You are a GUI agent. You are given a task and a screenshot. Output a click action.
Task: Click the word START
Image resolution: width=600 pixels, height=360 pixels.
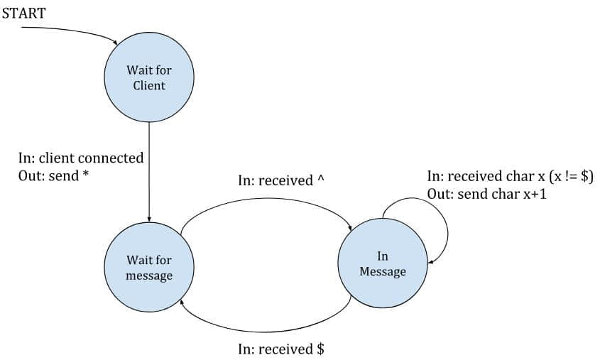tap(25, 13)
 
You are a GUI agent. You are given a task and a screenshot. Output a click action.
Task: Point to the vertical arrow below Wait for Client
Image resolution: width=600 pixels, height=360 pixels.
tap(149, 170)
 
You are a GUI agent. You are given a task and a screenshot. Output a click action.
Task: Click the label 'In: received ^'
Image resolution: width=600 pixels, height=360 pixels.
tap(280, 181)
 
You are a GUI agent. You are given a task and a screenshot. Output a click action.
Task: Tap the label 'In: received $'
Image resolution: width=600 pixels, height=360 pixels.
tap(280, 349)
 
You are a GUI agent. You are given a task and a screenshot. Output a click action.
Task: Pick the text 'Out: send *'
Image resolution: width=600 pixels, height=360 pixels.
tap(53, 175)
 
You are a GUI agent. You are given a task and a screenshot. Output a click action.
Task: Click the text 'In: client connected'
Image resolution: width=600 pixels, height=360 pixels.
tap(81, 158)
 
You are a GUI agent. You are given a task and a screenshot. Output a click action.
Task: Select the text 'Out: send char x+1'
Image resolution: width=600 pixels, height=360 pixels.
tap(486, 194)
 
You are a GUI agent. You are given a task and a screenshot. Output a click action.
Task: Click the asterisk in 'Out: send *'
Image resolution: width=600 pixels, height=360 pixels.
tap(86, 174)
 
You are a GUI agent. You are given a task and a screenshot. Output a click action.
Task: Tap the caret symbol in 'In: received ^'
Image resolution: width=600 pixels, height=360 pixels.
tap(320, 180)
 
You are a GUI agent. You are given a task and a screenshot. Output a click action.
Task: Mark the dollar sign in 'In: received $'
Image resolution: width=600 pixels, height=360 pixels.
tap(320, 349)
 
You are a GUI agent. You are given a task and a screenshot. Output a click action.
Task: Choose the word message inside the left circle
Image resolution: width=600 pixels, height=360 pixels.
tap(149, 275)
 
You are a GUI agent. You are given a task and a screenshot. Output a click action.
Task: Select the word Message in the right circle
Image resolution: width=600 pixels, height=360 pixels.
tap(383, 271)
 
